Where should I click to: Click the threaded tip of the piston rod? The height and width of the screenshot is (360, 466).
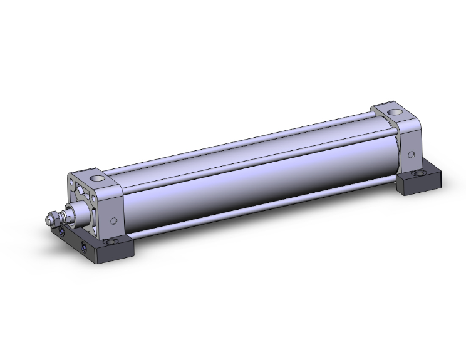(49, 221)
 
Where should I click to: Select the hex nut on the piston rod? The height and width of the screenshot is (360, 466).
(56, 219)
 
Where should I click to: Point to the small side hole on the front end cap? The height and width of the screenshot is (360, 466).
(113, 220)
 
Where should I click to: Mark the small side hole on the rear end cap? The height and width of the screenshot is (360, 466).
(410, 154)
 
